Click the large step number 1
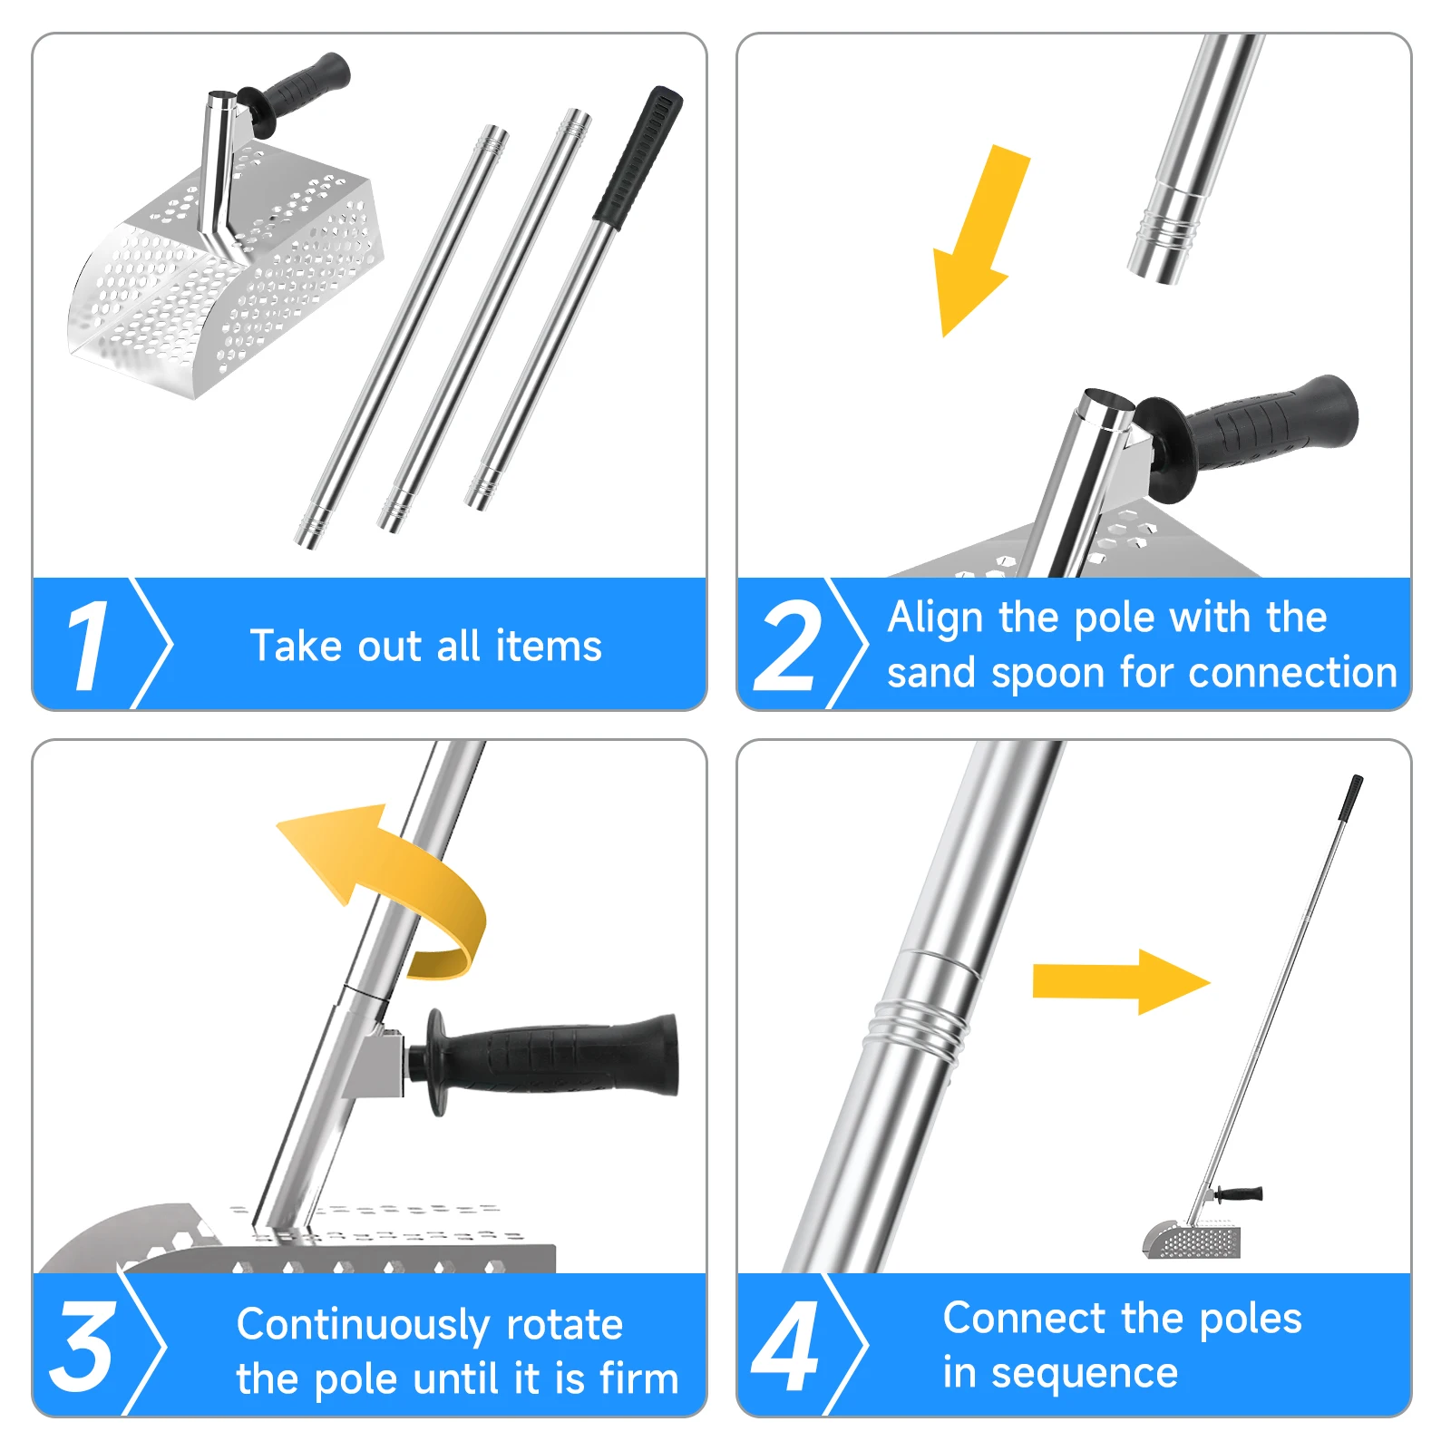88,646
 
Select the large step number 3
83,1345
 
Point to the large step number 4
785,1345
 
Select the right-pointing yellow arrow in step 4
1121,982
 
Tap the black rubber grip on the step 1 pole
638,156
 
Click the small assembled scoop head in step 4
1190,1239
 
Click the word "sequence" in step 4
1085,1373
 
